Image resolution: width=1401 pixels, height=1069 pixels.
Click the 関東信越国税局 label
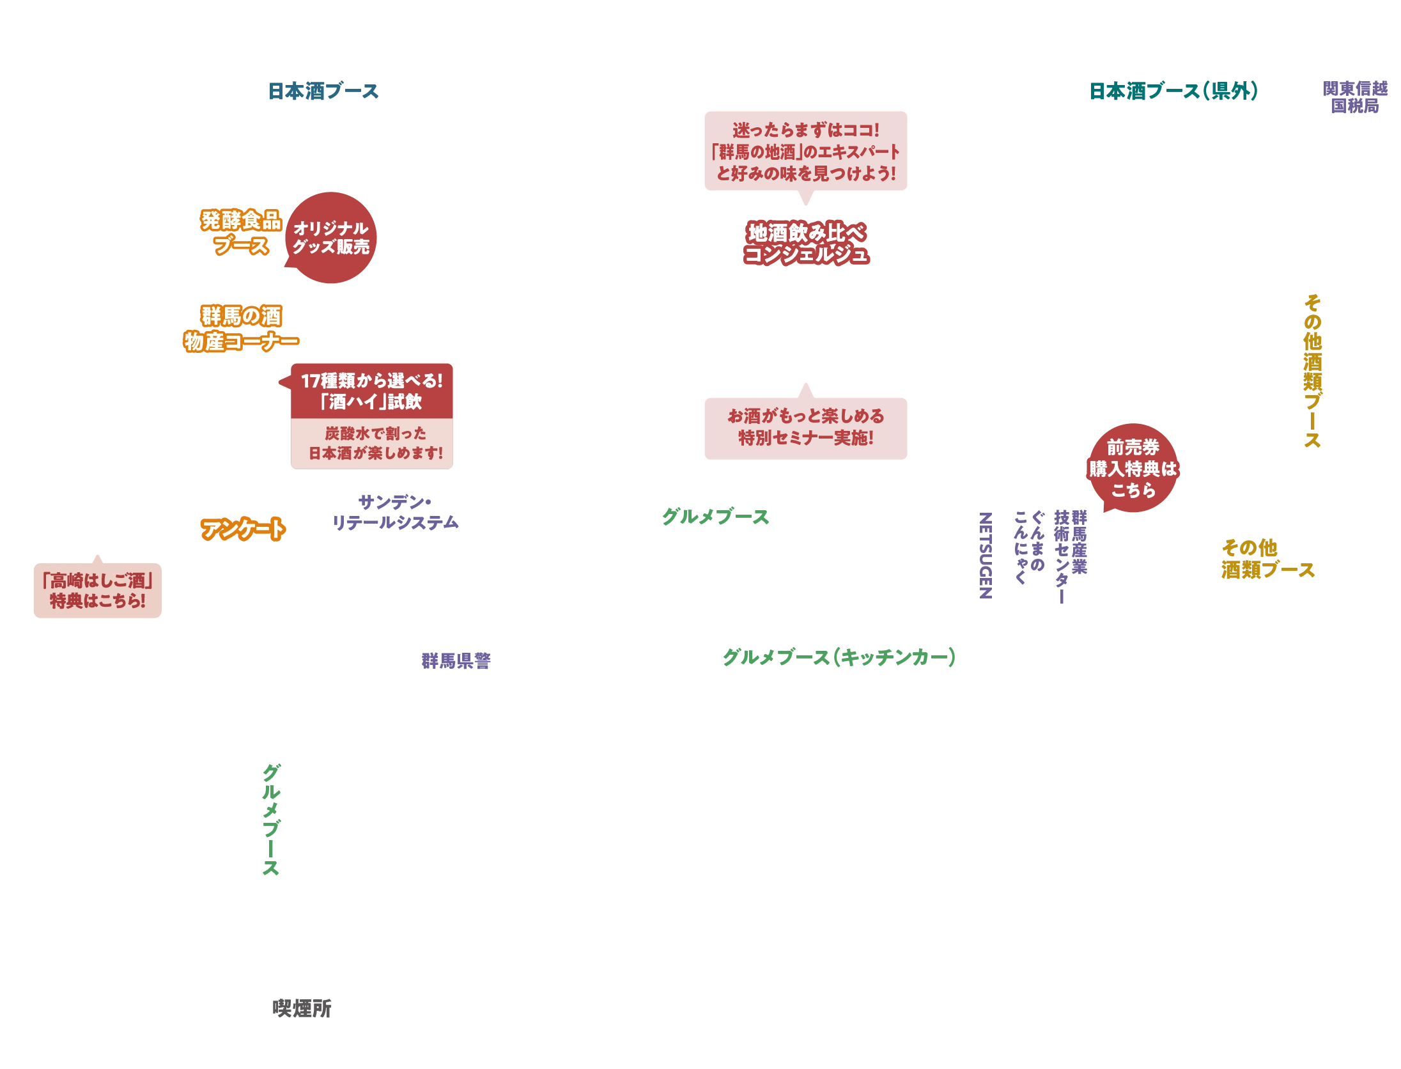click(x=1355, y=97)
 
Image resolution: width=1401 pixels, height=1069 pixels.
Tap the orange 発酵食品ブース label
click(x=241, y=233)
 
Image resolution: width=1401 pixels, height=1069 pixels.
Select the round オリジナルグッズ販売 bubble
click(x=331, y=238)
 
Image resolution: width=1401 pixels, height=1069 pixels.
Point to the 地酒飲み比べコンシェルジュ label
click(x=806, y=243)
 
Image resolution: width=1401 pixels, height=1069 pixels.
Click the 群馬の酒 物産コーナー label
click(x=241, y=329)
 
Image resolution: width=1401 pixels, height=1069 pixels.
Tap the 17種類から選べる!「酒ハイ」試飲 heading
click(x=372, y=391)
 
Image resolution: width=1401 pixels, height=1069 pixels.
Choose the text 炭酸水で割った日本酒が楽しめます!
click(x=375, y=443)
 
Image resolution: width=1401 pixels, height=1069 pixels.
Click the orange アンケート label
click(x=242, y=529)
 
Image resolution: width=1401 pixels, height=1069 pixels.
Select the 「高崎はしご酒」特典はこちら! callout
click(x=98, y=591)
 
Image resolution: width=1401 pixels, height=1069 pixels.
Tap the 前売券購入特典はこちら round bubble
click(x=1133, y=469)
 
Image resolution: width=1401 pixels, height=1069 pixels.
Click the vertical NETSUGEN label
click(x=986, y=554)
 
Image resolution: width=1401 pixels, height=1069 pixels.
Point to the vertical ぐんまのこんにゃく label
click(x=1029, y=547)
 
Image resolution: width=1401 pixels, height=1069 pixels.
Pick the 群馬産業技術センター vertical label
click(x=1071, y=556)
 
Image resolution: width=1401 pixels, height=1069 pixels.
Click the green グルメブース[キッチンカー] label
click(x=838, y=657)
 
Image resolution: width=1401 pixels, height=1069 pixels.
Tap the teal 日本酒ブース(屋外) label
click(x=1173, y=91)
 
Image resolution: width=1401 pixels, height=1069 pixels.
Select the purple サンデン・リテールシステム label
click(x=396, y=512)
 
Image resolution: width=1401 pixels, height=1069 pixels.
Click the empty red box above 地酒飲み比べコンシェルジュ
click(x=805, y=151)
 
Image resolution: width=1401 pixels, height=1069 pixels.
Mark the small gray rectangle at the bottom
click(x=301, y=1008)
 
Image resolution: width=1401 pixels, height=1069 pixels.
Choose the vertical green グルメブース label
click(x=271, y=820)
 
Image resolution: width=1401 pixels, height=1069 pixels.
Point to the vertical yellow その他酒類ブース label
click(x=1313, y=371)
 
